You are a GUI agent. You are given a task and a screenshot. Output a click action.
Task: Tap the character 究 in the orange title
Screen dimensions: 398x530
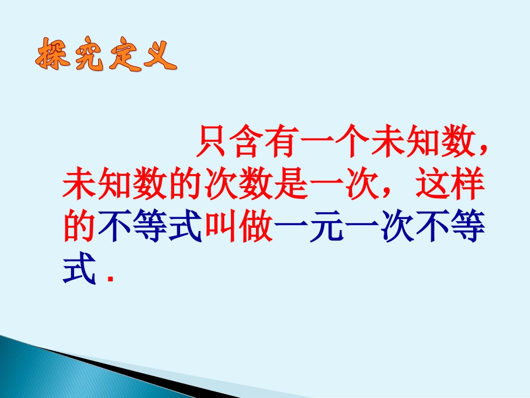tap(88, 56)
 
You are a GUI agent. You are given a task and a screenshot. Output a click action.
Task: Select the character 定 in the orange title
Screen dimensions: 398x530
tap(123, 56)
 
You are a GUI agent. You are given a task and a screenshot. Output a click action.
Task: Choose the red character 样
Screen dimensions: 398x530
tap(464, 185)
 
